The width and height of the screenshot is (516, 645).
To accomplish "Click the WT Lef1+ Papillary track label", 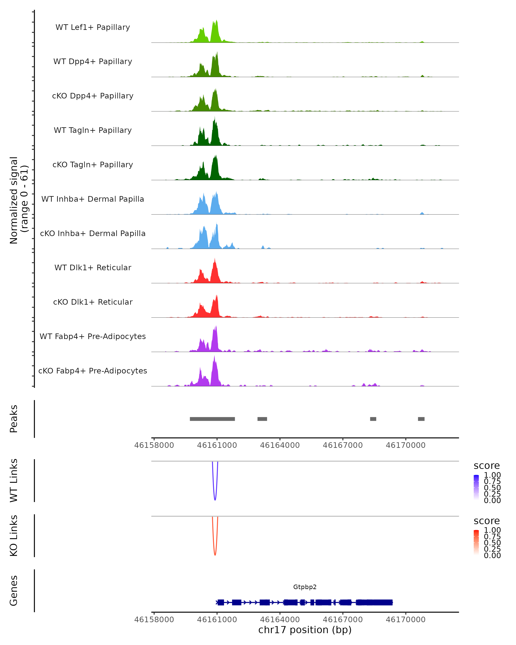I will [x=93, y=27].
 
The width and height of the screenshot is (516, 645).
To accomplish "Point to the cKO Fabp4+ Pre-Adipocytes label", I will [x=93, y=371].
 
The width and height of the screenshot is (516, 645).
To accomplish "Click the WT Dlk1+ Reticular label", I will [x=93, y=268].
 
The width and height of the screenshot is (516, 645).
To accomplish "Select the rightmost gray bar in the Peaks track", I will [x=421, y=419].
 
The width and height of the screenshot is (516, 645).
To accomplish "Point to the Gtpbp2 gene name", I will [x=305, y=587].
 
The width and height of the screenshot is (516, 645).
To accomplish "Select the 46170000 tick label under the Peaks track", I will [x=406, y=445].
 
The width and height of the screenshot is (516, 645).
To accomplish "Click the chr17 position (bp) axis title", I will [x=305, y=630].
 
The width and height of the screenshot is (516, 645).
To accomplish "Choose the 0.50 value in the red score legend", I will [x=492, y=543].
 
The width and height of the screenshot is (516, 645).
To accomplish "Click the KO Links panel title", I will [x=14, y=536].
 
